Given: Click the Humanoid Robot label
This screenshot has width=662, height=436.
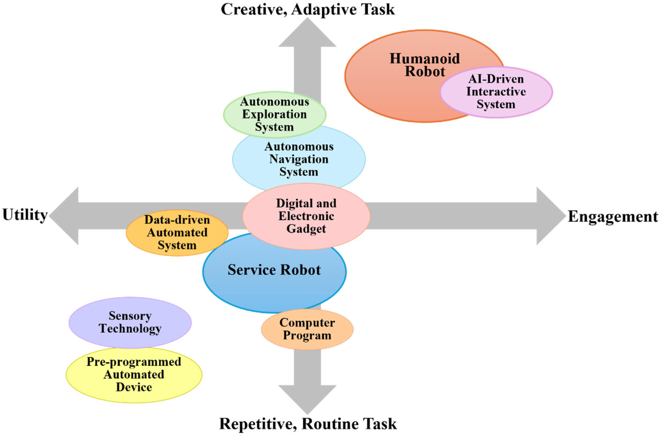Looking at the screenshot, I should click(425, 65).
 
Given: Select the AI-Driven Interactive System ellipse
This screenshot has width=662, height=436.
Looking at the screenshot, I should click(496, 92).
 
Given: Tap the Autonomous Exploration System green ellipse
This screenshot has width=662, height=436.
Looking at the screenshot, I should click(274, 114).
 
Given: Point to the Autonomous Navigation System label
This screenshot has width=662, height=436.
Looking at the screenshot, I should click(299, 159).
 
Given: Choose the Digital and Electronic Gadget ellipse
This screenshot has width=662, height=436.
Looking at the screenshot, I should click(306, 216).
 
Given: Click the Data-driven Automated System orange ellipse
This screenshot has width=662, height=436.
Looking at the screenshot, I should click(177, 232).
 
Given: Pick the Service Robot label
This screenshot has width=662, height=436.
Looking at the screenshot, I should click(274, 270).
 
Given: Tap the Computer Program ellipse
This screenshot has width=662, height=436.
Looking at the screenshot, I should click(307, 329).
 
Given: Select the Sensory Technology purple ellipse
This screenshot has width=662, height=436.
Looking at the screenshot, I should click(130, 322).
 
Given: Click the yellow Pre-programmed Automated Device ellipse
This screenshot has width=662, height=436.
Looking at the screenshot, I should click(134, 374).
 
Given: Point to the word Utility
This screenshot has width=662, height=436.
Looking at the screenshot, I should click(25, 215).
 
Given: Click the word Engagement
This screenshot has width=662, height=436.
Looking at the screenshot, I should click(613, 217).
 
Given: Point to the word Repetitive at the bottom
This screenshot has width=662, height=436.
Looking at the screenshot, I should click(258, 424).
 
